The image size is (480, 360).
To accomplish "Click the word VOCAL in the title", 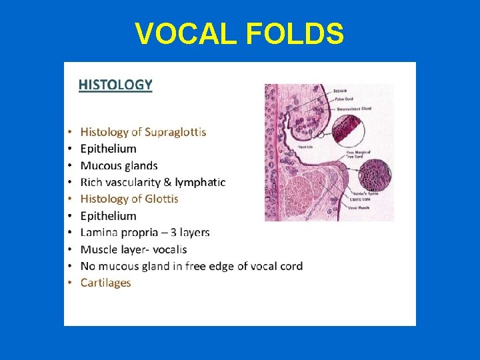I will (x=180, y=33).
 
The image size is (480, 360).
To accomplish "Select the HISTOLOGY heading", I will (x=115, y=85).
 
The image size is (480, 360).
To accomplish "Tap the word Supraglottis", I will (x=175, y=132).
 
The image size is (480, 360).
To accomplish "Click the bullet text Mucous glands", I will (x=119, y=165).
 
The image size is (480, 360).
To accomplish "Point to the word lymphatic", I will (x=200, y=182).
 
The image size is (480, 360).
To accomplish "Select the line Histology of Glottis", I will (x=129, y=199).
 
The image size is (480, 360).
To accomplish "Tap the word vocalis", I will (x=167, y=249).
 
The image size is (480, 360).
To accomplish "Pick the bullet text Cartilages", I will (x=105, y=283).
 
